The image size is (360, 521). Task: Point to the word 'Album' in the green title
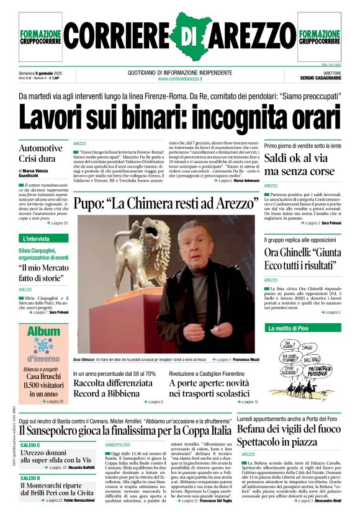(x=43, y=332)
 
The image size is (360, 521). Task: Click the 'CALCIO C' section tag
(x=30, y=445)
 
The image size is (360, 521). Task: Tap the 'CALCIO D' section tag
(x=30, y=478)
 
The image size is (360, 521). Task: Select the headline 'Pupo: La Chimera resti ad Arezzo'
(x=163, y=203)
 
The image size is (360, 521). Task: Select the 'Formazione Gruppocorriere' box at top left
(x=41, y=37)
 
